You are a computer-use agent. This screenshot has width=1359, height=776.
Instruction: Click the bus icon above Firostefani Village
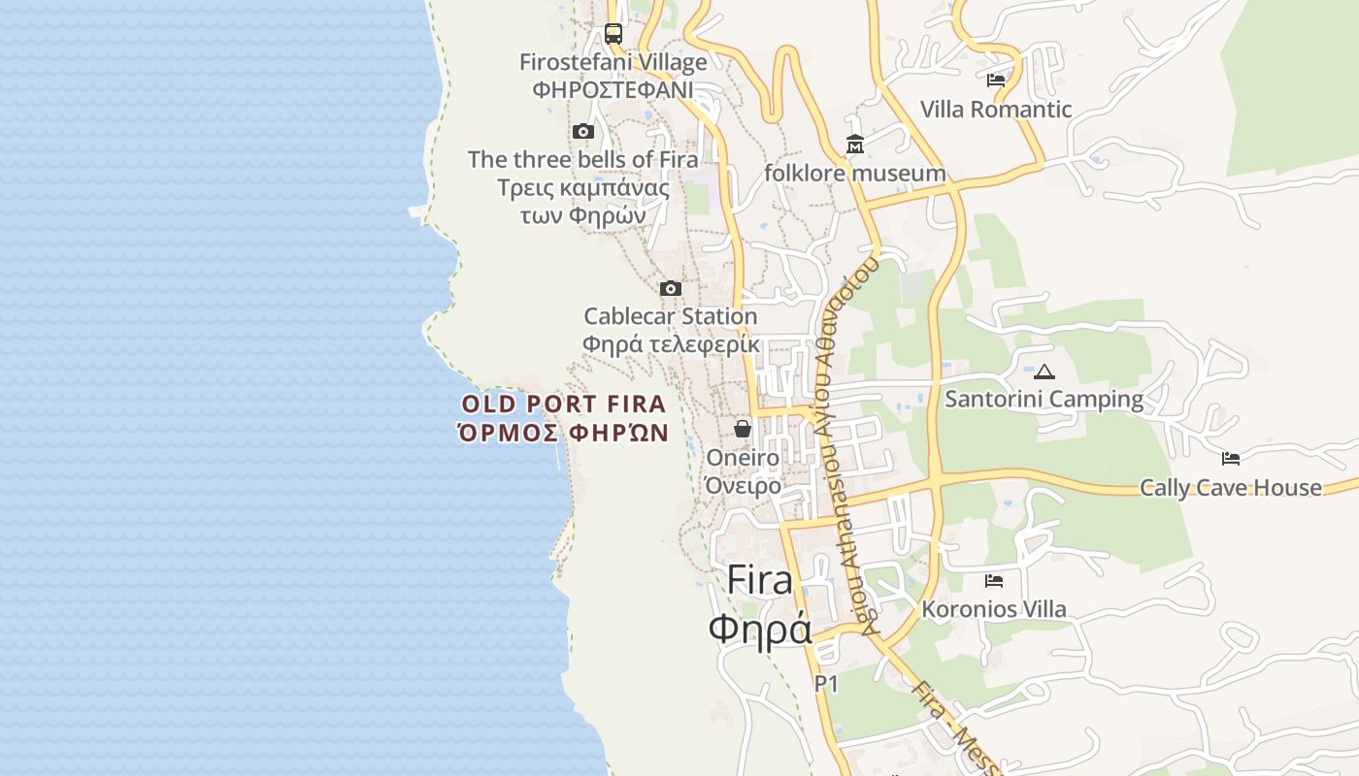point(613,34)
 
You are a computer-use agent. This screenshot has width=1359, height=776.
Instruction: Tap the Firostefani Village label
point(613,63)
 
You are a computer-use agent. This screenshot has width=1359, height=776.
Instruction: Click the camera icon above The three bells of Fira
point(582,131)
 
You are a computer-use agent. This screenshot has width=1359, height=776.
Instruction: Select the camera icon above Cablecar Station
point(670,288)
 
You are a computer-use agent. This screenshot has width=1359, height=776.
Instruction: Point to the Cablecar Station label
point(670,316)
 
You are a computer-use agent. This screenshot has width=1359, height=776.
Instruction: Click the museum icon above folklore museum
point(854,145)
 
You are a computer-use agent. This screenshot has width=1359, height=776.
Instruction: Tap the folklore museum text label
point(854,174)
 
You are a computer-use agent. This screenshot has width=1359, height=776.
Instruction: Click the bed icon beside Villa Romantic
point(995,80)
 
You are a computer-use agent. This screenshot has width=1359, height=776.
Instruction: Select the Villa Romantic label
point(995,109)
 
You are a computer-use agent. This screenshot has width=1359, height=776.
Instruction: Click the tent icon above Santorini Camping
point(1044,371)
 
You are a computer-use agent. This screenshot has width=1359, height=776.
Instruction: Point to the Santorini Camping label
point(1044,399)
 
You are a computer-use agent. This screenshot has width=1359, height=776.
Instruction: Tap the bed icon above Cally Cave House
point(1230,458)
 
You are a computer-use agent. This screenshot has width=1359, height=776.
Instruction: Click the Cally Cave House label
point(1230,487)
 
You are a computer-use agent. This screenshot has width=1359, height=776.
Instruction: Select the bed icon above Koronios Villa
point(993,581)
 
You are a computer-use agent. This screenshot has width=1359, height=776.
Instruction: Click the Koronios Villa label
point(993,609)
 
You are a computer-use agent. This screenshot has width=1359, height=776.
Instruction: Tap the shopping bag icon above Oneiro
point(743,428)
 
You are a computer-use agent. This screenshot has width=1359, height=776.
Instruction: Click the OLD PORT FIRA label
point(564,404)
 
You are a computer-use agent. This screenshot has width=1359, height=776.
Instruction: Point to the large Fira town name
point(759,579)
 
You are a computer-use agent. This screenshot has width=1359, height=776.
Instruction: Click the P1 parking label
point(825,684)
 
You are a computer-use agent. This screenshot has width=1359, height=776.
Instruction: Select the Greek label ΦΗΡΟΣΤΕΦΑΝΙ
point(613,89)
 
